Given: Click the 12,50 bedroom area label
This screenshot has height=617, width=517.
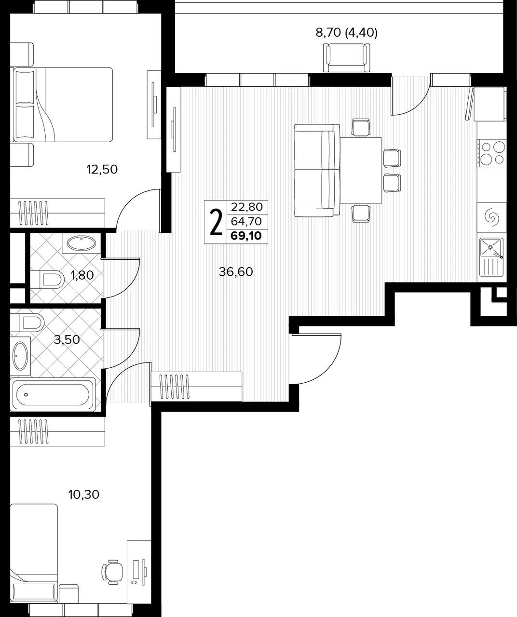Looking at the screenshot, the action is coord(102,170).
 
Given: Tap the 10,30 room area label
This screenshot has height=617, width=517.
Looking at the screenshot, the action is coord(83,495).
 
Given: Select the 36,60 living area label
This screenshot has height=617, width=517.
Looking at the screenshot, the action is coord(236,272).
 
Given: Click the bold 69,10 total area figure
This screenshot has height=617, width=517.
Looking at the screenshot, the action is coord(246,236).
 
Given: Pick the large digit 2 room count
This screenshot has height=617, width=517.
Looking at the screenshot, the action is coord(216,222).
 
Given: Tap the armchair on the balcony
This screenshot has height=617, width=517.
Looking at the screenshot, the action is coord(346,58).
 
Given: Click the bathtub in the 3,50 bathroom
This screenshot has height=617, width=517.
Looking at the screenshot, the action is coord(53,394).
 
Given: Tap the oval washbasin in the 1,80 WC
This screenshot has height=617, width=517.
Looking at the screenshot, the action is coord(82,243).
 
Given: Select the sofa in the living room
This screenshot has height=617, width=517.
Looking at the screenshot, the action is coord(317,171).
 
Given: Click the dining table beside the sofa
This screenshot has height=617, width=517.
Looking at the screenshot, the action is coord(361,170).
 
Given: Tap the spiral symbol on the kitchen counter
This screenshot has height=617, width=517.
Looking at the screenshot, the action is coord(492,218).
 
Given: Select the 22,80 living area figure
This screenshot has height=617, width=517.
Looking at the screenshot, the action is coord(247,207).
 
